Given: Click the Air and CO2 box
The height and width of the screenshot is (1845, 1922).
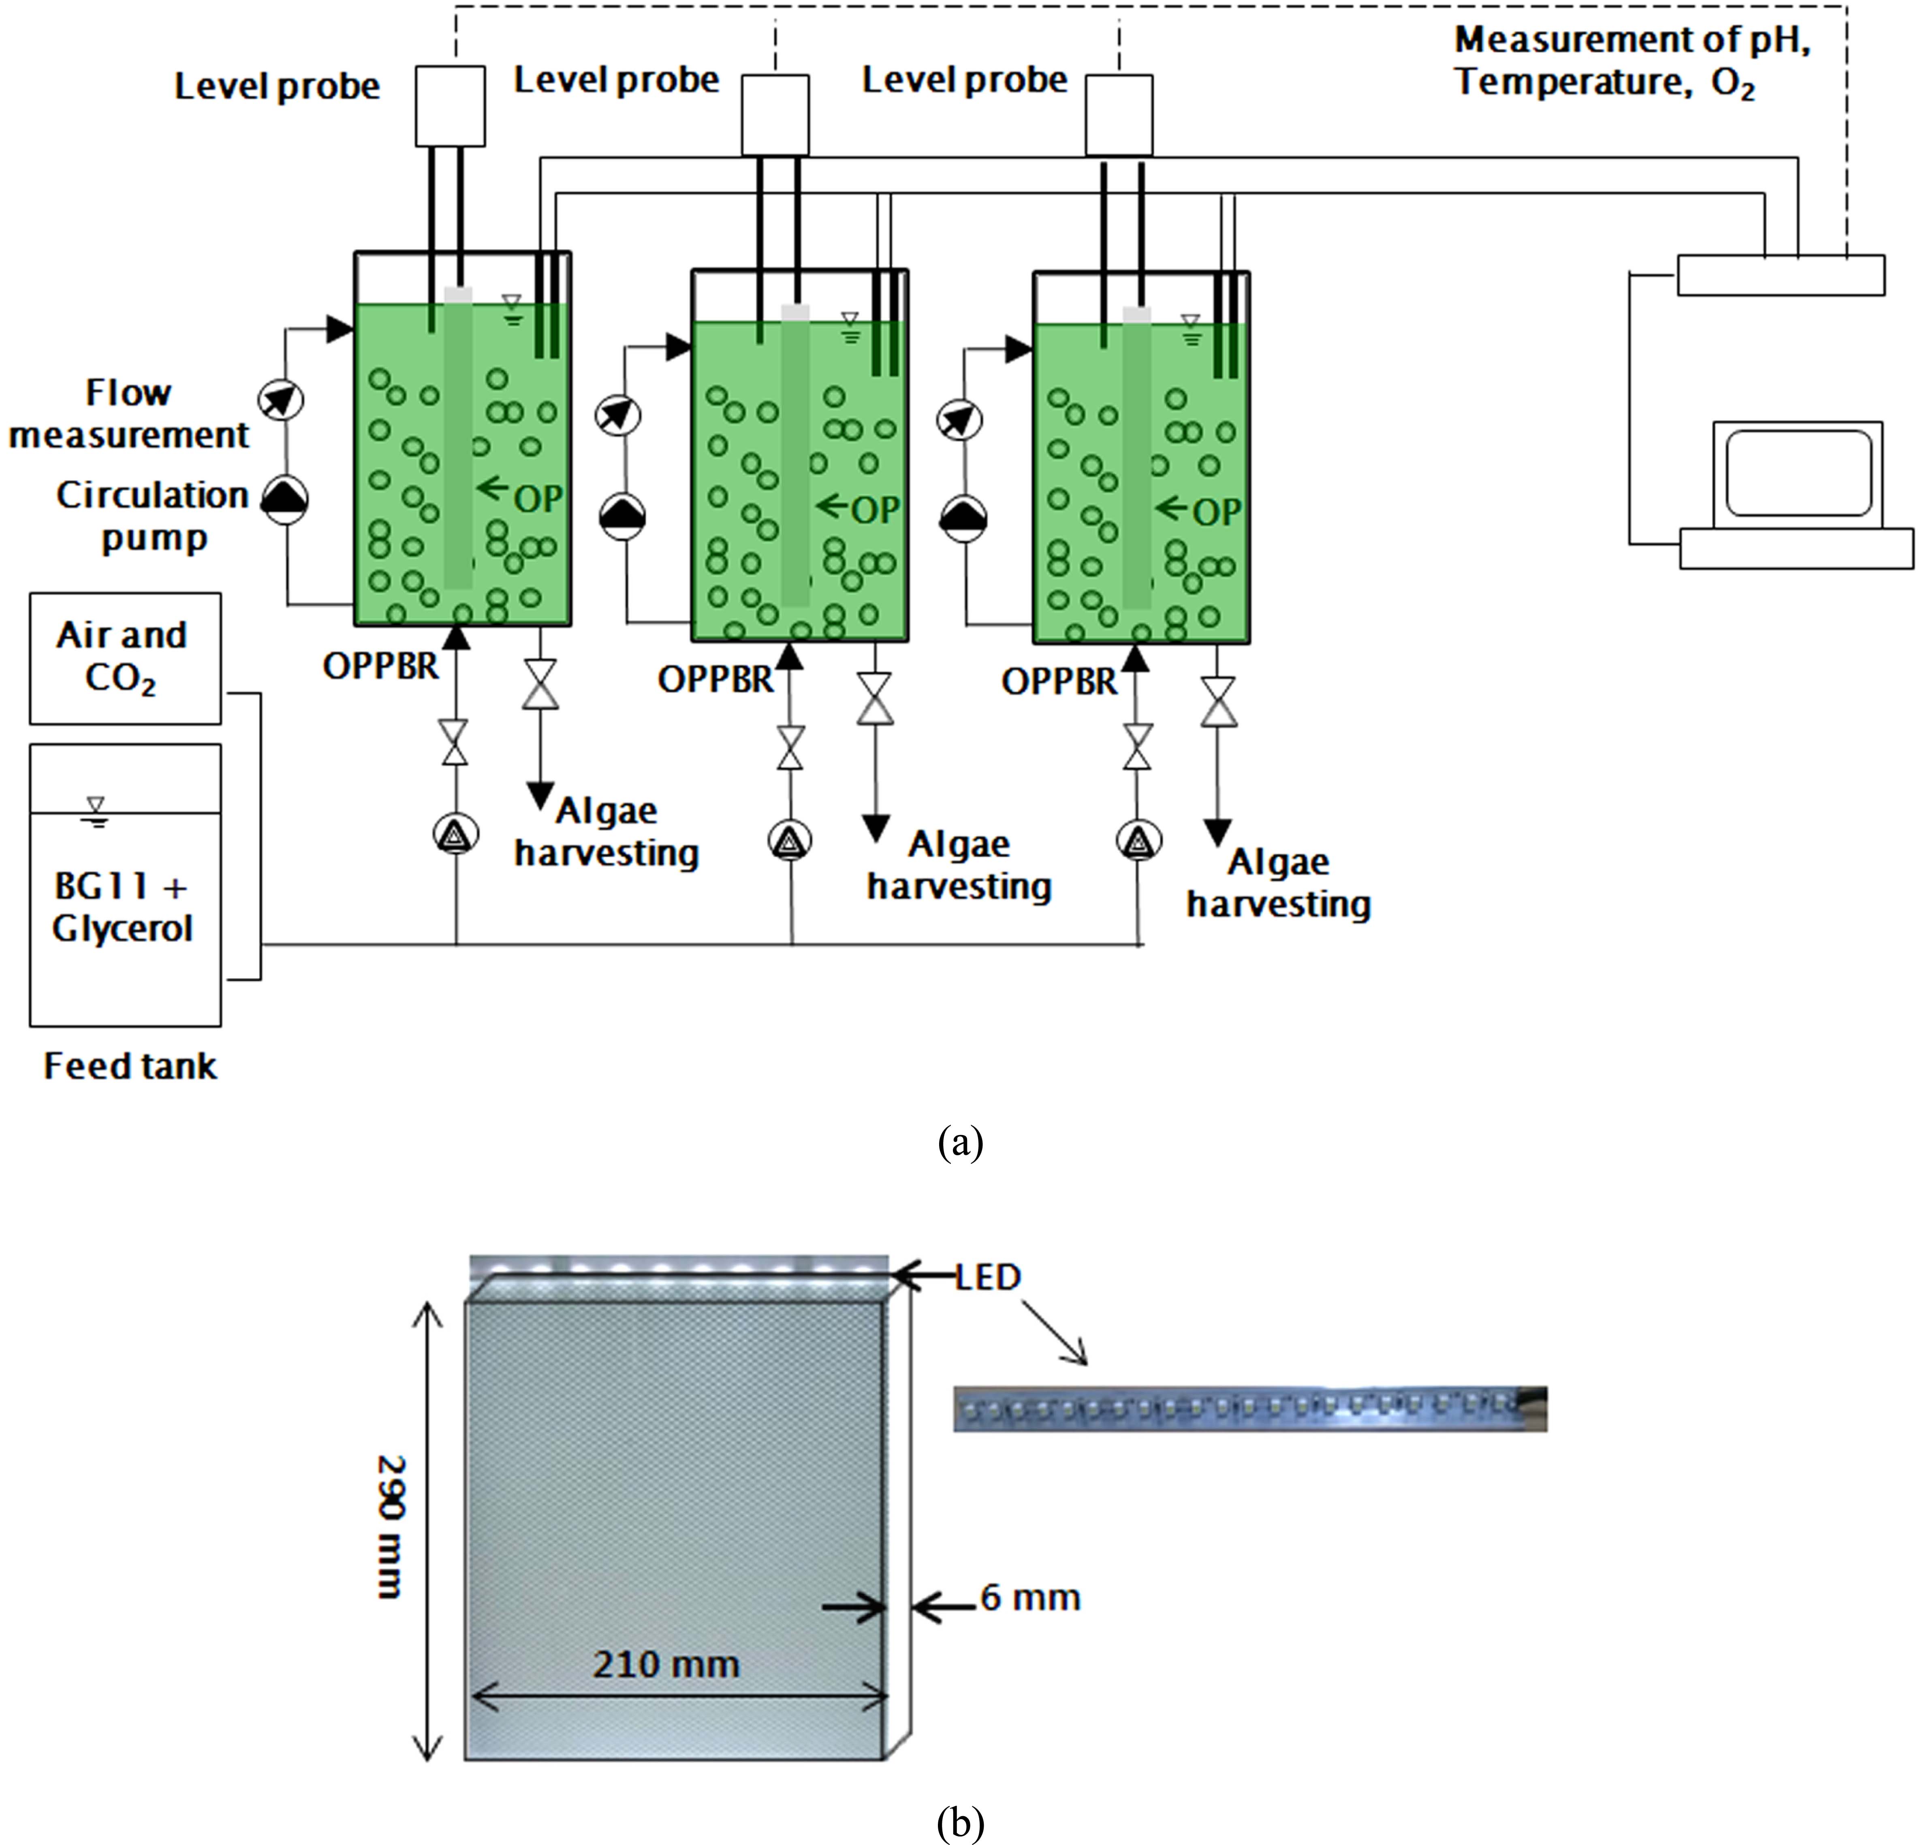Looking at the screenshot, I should pos(124,657).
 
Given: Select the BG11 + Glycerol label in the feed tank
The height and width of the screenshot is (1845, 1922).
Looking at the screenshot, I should pos(122,907).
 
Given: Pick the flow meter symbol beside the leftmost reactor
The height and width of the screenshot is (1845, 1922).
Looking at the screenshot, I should pos(280,399).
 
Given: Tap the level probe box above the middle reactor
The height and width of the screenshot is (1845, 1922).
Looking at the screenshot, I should pos(775,115).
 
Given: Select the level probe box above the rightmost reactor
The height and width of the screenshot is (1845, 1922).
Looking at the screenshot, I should pos(1119,115).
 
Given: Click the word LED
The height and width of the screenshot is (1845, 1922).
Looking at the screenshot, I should pos(989,1277).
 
